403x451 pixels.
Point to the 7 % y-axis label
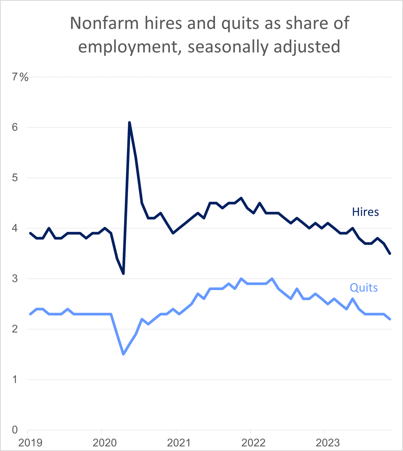(x=20, y=77)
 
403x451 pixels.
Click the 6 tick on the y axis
(x=15, y=128)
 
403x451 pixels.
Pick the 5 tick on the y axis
(x=15, y=178)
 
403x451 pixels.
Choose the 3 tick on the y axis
(x=15, y=279)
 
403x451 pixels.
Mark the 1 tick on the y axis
(x=15, y=380)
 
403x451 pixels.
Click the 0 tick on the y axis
(x=15, y=430)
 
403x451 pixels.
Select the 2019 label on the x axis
(x=30, y=442)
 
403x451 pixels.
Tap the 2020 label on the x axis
(x=105, y=442)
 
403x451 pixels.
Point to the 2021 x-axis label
(x=179, y=442)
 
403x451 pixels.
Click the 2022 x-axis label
(x=253, y=442)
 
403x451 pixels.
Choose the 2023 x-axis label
(x=327, y=442)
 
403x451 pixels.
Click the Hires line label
(x=365, y=212)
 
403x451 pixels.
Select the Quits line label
(x=364, y=287)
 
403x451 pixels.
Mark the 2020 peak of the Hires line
(x=130, y=122)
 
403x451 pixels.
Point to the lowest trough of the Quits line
(x=123, y=354)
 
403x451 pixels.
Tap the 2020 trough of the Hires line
(x=123, y=274)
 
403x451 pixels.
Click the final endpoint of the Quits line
(x=390, y=319)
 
